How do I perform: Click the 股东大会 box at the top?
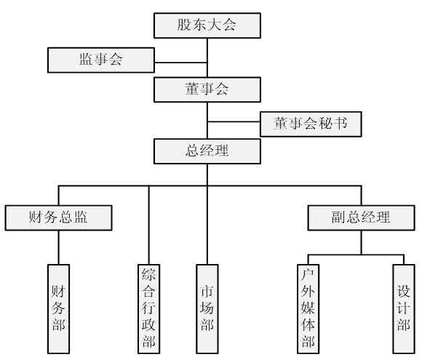coord(207,25)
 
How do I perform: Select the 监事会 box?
coord(101,60)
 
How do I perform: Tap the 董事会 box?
coord(207,89)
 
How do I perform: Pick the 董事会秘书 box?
coord(311,124)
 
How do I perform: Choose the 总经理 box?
coord(207,151)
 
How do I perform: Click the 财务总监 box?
coord(58,217)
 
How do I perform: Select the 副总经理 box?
coord(361,217)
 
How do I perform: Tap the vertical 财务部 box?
coord(58,309)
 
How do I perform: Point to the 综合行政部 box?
coord(149,309)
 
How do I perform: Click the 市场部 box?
coord(207,309)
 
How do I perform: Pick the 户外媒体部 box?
coord(308,309)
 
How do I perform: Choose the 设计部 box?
coord(404,309)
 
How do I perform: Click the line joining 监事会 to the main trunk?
coord(181,63)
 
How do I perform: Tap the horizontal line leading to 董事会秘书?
coord(234,121)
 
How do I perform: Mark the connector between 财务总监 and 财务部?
coord(58,247)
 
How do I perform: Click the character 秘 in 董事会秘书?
coord(325,124)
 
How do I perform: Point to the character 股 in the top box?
coord(184,25)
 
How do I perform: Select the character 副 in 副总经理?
coord(339,217)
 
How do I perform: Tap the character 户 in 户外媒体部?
coord(308,275)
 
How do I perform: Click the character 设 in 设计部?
coord(403,292)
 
